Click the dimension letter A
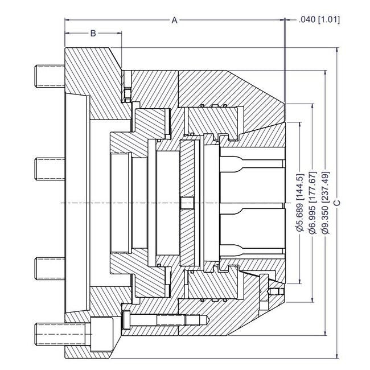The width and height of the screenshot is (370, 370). point(175,20)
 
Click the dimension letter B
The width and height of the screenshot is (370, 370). point(93,34)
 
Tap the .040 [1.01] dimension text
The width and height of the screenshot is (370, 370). point(319,20)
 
